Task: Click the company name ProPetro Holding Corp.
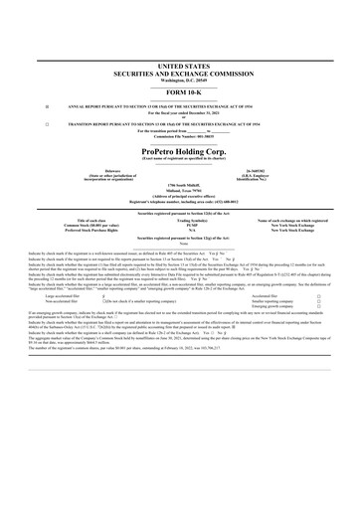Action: click(x=179, y=150)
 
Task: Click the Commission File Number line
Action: click(x=179, y=136)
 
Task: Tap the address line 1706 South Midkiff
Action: click(x=179, y=185)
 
